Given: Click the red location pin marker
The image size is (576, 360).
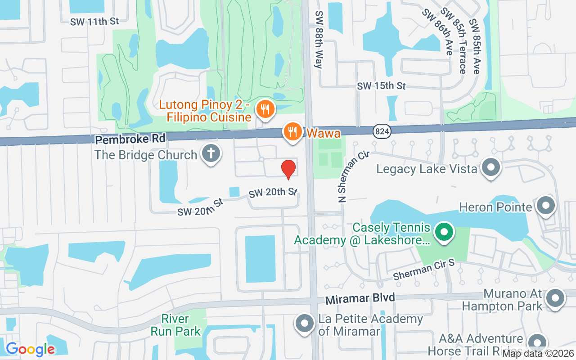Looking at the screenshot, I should tap(288, 169).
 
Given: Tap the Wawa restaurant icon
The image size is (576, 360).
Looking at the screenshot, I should tap(293, 131).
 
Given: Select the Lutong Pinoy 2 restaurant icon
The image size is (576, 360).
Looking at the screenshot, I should tap(265, 109).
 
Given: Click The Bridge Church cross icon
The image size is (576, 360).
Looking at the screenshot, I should tap(211, 153).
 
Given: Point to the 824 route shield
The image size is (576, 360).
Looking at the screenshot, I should tap(382, 131).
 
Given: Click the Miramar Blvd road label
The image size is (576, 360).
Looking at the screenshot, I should tap(360, 298).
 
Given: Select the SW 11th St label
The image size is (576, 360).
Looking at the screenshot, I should tap(94, 21).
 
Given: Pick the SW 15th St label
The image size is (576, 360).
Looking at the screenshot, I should tap(382, 85).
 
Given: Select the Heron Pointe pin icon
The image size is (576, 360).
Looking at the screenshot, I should tap(545, 206).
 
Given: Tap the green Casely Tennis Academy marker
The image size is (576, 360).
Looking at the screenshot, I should tap(444, 233).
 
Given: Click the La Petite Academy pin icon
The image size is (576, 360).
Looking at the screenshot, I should tap(305, 324).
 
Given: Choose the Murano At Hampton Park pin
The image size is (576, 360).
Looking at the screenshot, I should tap(555, 298).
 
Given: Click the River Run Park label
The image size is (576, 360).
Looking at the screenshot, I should tap(175, 325).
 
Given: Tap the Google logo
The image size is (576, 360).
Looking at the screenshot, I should tap(30, 349).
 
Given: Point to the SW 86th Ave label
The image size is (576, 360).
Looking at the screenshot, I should tap(437, 31).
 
